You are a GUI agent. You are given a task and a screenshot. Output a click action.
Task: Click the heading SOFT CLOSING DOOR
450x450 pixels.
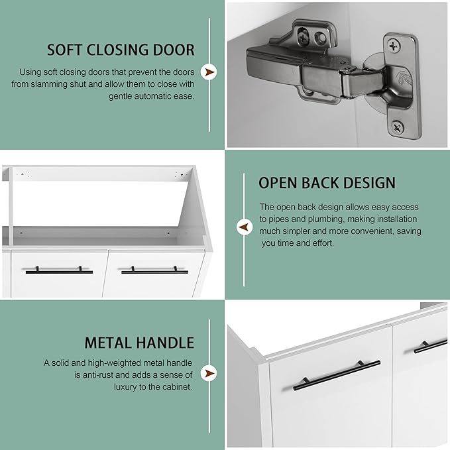coord(121,50)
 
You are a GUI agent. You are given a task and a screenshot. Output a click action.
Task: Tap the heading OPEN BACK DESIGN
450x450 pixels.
coord(327,183)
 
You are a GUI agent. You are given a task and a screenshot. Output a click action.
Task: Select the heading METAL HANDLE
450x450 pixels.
coord(139,343)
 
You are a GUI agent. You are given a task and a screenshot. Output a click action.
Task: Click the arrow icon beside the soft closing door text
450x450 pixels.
coord(209,72)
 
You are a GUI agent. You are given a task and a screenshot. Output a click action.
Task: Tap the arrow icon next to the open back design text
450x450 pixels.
coord(245,227)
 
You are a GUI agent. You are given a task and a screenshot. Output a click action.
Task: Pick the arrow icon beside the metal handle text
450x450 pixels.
coord(209,373)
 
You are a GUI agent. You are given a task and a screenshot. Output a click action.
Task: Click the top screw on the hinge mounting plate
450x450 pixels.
coord(394,46)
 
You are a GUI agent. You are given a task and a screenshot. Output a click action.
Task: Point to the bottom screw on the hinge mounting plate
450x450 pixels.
coord(397,128)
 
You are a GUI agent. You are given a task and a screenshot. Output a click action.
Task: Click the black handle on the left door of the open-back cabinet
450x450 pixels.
coord(59,270)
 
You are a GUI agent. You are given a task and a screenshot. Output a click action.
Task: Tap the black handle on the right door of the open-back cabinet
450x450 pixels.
coord(154,270)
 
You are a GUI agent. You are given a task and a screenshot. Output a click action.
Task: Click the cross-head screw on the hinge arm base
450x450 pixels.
coord(302,37)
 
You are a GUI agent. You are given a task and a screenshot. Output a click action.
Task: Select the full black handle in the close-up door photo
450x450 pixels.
coord(337,375)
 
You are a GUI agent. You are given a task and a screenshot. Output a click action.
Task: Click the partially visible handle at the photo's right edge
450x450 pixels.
coord(431,346)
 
